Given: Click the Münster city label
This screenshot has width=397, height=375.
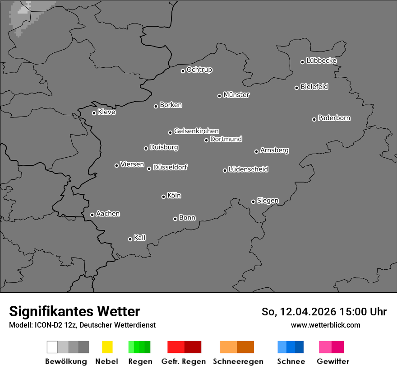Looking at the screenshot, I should click(x=236, y=95).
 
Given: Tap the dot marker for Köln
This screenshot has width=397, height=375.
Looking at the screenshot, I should click(x=163, y=197).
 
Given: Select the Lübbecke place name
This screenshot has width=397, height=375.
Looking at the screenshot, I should click(x=321, y=61).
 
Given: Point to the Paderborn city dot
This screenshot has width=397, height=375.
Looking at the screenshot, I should click(x=314, y=119).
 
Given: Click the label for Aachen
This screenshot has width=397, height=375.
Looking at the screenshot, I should click(x=108, y=214).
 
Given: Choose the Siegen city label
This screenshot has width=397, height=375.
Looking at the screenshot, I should click(x=268, y=201).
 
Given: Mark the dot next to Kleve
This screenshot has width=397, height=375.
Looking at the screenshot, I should click(x=94, y=113).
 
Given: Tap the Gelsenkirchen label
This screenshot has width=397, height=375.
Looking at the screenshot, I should click(x=196, y=131).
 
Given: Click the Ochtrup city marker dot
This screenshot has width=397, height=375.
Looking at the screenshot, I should click(x=183, y=71).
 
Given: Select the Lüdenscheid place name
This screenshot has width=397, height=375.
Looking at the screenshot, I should click(x=248, y=169).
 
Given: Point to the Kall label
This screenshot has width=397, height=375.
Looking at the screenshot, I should click(x=140, y=238).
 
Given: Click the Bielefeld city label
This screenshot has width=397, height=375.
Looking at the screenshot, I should click(x=314, y=87).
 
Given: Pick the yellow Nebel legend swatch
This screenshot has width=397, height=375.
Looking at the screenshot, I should click(x=107, y=347).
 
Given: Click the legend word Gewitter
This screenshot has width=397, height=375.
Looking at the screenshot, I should click(x=333, y=361).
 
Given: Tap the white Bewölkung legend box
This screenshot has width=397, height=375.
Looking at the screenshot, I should click(x=52, y=347).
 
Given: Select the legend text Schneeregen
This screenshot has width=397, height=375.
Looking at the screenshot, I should click(x=238, y=361).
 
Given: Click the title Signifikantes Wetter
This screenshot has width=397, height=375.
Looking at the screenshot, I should click(x=74, y=312).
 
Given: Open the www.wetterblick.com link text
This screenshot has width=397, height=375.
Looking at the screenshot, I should click(x=325, y=325).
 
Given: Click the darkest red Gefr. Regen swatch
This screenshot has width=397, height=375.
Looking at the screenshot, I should click(x=193, y=347).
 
